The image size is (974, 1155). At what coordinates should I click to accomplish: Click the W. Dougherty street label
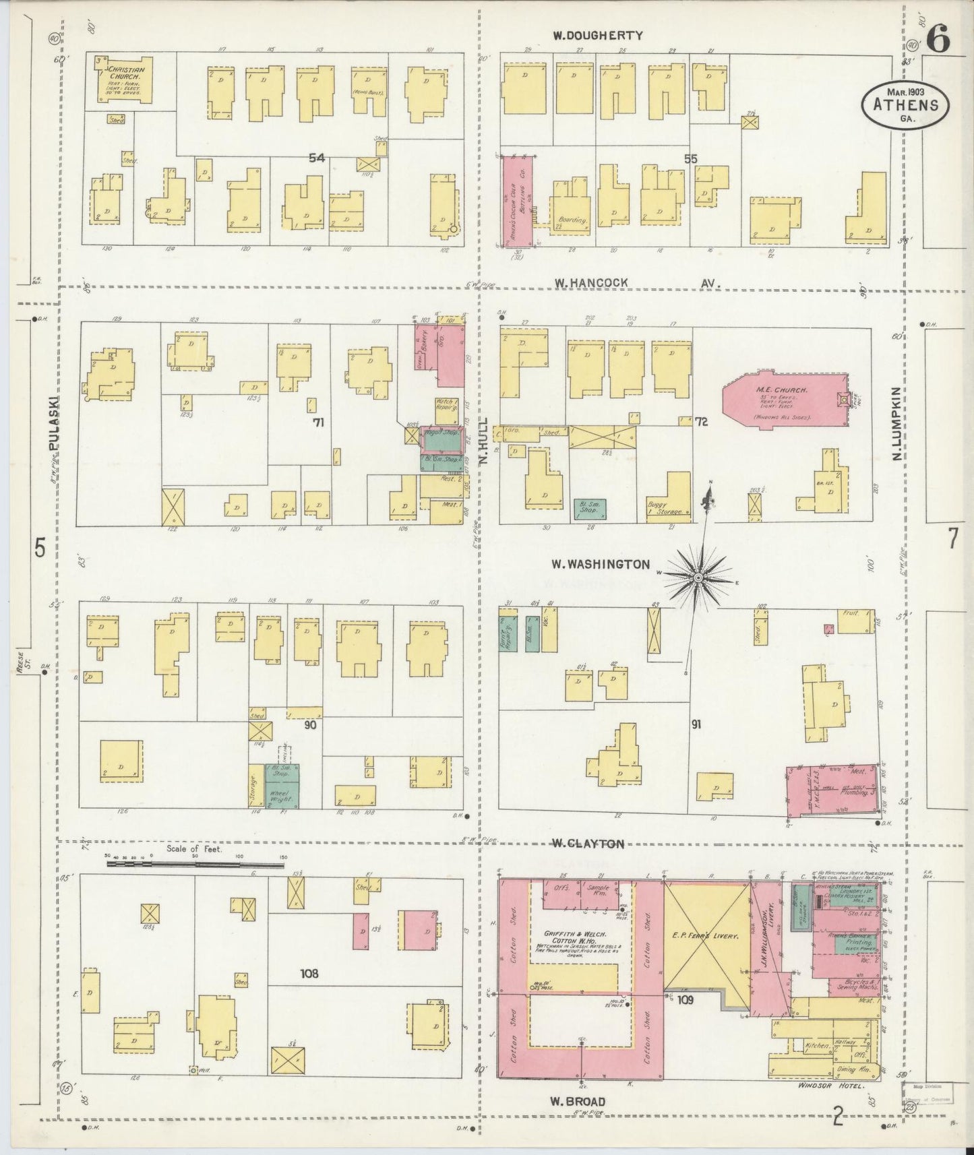coord(598,36)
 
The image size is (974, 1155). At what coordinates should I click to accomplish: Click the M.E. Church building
coord(782,405)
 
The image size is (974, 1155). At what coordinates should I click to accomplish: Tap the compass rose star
coord(698,577)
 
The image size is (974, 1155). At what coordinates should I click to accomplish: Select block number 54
coord(317,158)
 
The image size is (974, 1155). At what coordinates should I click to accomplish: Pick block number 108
coord(310,973)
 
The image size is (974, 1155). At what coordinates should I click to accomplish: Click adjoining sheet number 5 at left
coord(40,549)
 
